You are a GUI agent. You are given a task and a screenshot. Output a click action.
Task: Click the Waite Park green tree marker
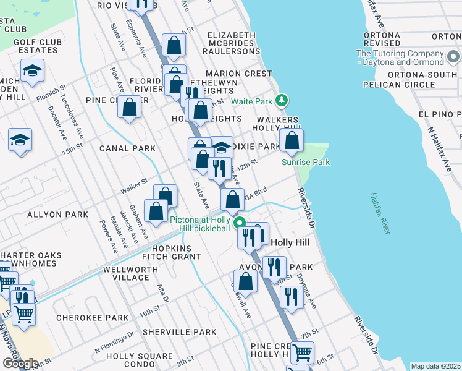click(282, 100)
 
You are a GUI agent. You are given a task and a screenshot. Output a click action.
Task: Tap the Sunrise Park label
click(306, 163)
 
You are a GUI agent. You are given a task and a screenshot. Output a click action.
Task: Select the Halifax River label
click(379, 213)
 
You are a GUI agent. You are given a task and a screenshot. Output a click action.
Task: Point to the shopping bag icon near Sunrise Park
click(292, 140)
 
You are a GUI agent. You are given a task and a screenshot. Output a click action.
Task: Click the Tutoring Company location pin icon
click(453, 58)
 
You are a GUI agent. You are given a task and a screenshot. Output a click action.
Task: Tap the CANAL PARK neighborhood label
click(127, 149)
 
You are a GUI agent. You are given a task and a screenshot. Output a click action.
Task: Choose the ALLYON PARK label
click(49, 215)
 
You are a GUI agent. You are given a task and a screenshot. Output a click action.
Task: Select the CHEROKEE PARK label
click(83, 318)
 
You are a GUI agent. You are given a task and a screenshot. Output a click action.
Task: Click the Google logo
click(20, 364)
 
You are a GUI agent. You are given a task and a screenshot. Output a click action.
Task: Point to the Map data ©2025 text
click(436, 366)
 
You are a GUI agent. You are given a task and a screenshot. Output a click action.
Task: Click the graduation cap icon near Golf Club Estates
click(32, 71)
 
